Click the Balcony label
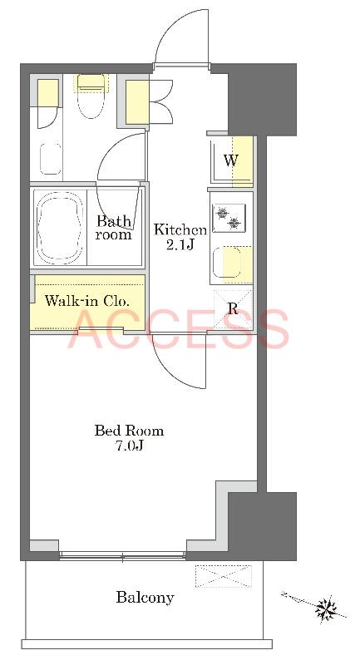click(145, 598)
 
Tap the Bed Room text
click(129, 431)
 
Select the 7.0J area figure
click(130, 446)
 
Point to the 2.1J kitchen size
click(180, 244)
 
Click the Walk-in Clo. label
click(86, 302)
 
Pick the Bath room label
click(113, 227)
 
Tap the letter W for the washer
click(230, 160)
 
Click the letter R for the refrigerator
click(232, 308)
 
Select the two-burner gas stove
click(229, 218)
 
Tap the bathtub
click(59, 228)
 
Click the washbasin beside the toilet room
click(51, 158)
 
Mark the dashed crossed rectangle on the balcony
click(224, 575)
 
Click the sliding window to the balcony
click(122, 555)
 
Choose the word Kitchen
click(180, 230)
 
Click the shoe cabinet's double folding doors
click(161, 101)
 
